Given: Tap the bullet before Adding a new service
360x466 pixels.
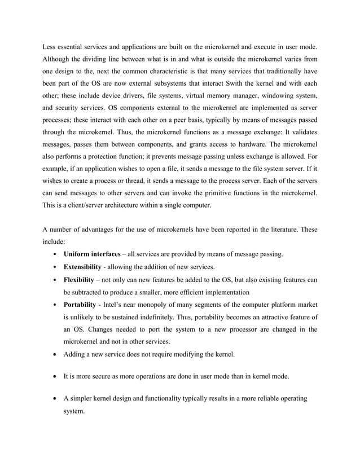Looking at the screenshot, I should [x=54, y=355].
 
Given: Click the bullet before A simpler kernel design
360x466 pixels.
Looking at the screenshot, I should [x=54, y=398].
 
